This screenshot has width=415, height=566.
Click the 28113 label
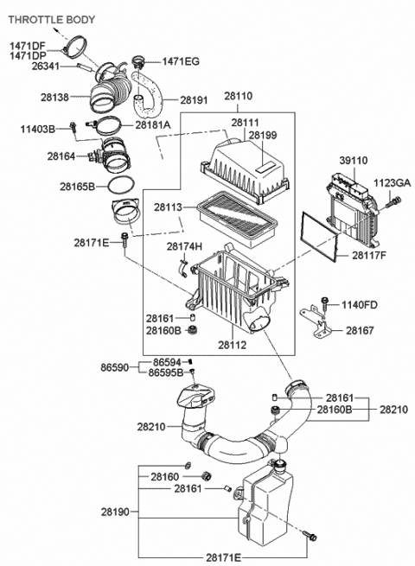click(x=169, y=207)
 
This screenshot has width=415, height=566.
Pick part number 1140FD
click(x=358, y=304)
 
